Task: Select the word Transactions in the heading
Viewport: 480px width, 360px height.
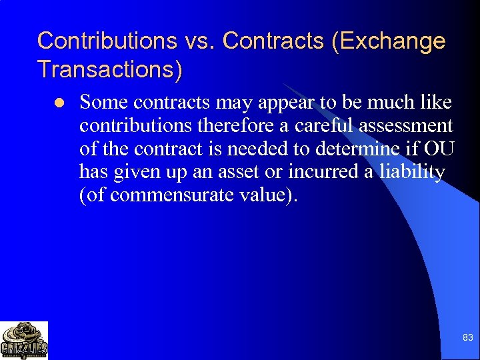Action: pos(109,69)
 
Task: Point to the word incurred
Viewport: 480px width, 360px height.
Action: pos(323,173)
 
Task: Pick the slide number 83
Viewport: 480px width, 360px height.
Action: pos(467,338)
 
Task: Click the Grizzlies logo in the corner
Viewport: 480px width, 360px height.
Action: pos(24,340)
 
